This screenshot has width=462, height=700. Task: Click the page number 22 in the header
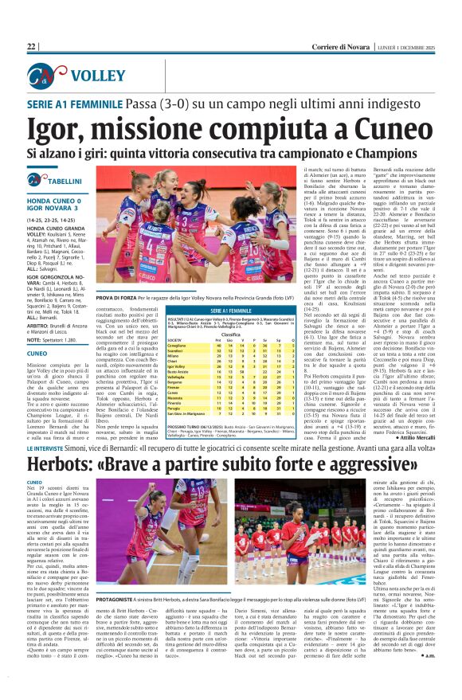tap(31, 47)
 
